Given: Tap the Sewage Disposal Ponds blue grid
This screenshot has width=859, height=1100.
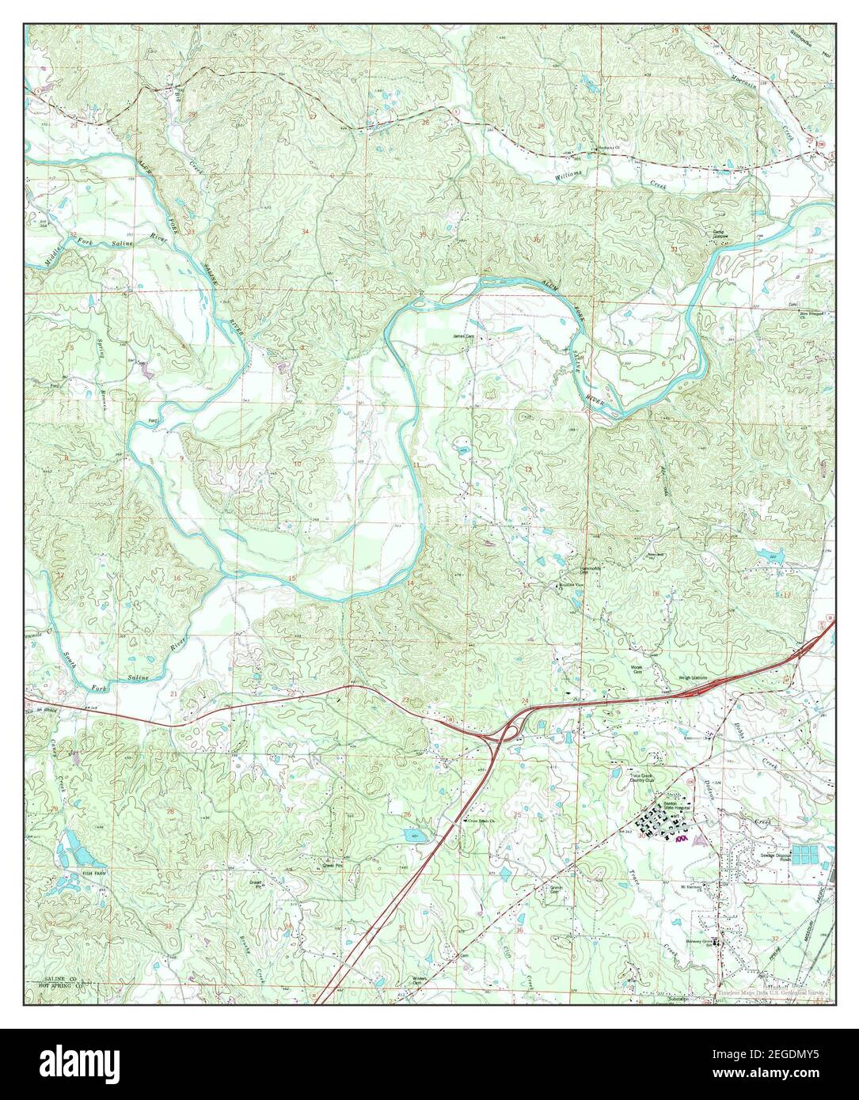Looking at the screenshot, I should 807,854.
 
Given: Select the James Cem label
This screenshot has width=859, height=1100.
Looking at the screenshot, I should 462,335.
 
